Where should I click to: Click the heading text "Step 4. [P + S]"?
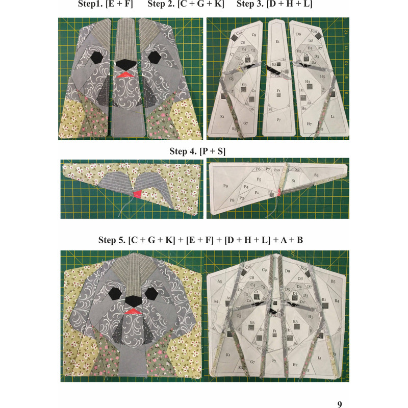tap(197, 151)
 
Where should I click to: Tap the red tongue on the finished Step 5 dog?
tap(134, 311)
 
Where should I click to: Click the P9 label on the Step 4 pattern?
tap(225, 187)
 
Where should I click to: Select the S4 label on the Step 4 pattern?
tap(316, 176)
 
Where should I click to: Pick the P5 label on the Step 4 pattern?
tap(259, 180)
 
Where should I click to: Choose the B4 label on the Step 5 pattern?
tap(337, 301)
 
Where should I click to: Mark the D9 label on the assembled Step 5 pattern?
tap(287, 270)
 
